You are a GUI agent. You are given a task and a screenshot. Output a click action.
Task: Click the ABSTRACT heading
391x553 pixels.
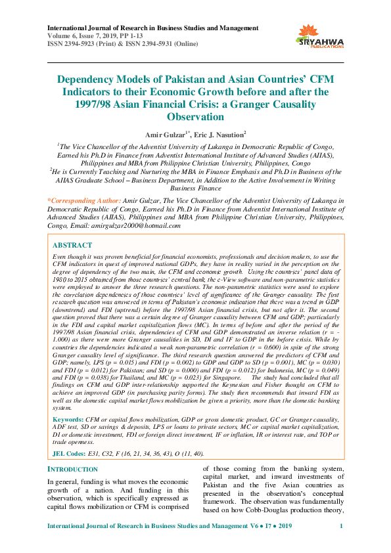click(x=72, y=244)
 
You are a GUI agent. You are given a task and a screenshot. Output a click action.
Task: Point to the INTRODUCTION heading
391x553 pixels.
click(x=74, y=469)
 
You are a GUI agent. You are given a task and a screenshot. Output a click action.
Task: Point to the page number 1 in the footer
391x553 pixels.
click(x=341, y=527)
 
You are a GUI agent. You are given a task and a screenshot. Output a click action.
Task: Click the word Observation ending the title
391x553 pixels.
click(x=195, y=117)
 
